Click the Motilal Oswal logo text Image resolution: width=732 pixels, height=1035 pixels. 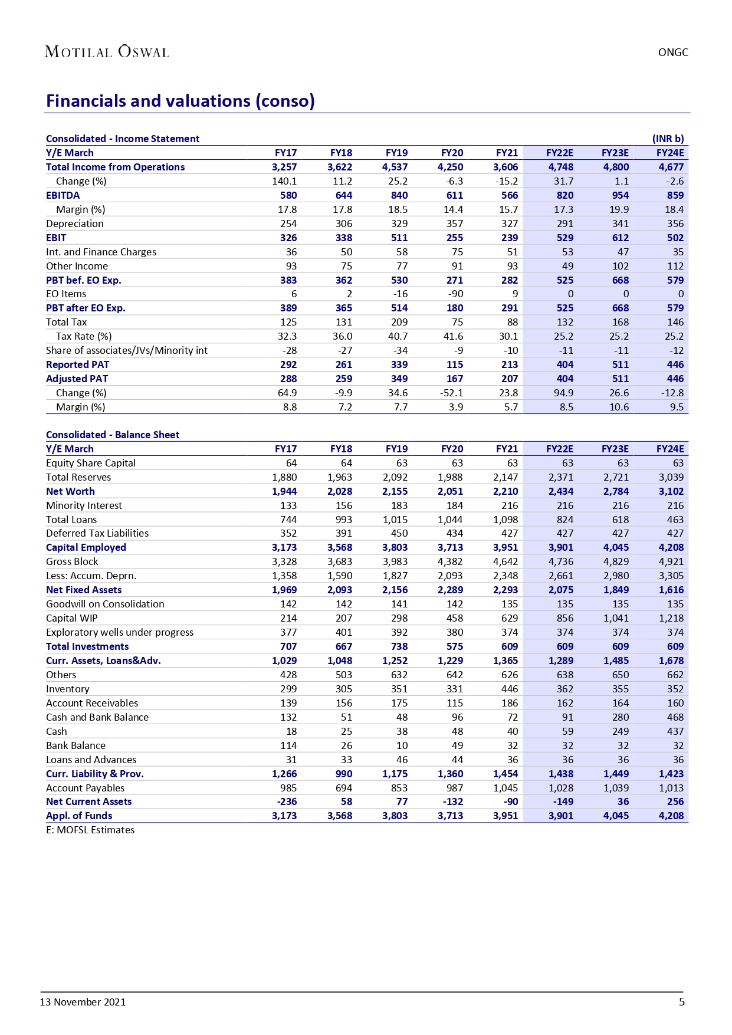pyautogui.click(x=107, y=52)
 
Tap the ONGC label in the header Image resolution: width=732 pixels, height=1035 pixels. pyautogui.click(x=673, y=52)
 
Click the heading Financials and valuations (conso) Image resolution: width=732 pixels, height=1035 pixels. pyautogui.click(x=180, y=101)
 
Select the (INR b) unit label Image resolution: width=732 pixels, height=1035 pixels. pyautogui.click(x=668, y=139)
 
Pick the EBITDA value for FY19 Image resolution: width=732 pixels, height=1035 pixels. pyautogui.click(x=399, y=195)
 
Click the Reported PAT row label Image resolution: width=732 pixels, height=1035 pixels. pyautogui.click(x=77, y=364)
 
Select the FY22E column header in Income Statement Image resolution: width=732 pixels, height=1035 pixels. pyautogui.click(x=559, y=153)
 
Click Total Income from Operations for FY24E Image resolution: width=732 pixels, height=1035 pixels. pyautogui.click(x=671, y=167)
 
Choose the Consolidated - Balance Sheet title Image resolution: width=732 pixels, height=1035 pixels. pyautogui.click(x=113, y=435)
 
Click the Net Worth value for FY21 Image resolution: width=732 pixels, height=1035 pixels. pyautogui.click(x=505, y=491)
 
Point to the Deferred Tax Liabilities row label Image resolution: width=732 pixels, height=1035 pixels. pyautogui.click(x=97, y=533)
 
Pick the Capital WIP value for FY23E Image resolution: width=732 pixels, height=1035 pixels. pyautogui.click(x=616, y=618)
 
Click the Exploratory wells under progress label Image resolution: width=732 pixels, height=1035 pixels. pyautogui.click(x=120, y=632)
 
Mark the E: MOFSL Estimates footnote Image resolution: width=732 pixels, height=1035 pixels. pyautogui.click(x=90, y=830)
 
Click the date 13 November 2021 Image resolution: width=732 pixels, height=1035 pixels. pyautogui.click(x=83, y=1002)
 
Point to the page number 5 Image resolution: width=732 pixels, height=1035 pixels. pyautogui.click(x=682, y=1002)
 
